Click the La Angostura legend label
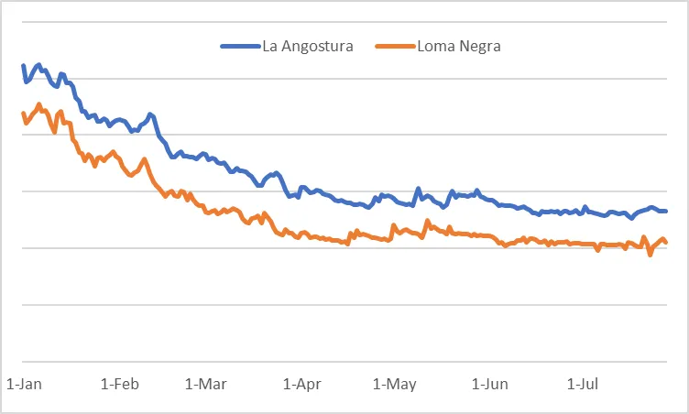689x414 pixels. click(308, 46)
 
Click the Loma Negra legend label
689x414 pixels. click(458, 46)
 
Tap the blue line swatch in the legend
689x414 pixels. click(240, 46)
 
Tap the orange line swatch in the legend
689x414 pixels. click(396, 46)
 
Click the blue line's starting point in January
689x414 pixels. click(23, 66)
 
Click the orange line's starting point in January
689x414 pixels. click(23, 114)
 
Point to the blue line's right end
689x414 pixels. click(666, 211)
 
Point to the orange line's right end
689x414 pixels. click(666, 243)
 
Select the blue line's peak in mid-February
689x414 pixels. click(150, 114)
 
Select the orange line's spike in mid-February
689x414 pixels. click(145, 160)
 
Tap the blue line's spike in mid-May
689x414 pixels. click(419, 189)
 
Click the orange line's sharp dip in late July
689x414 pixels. click(650, 255)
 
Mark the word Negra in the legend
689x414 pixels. click(480, 46)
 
